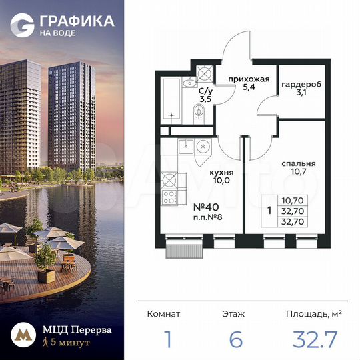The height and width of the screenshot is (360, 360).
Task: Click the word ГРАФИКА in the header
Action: point(75,21)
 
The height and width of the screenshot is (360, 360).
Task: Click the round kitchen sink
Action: point(205,145)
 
